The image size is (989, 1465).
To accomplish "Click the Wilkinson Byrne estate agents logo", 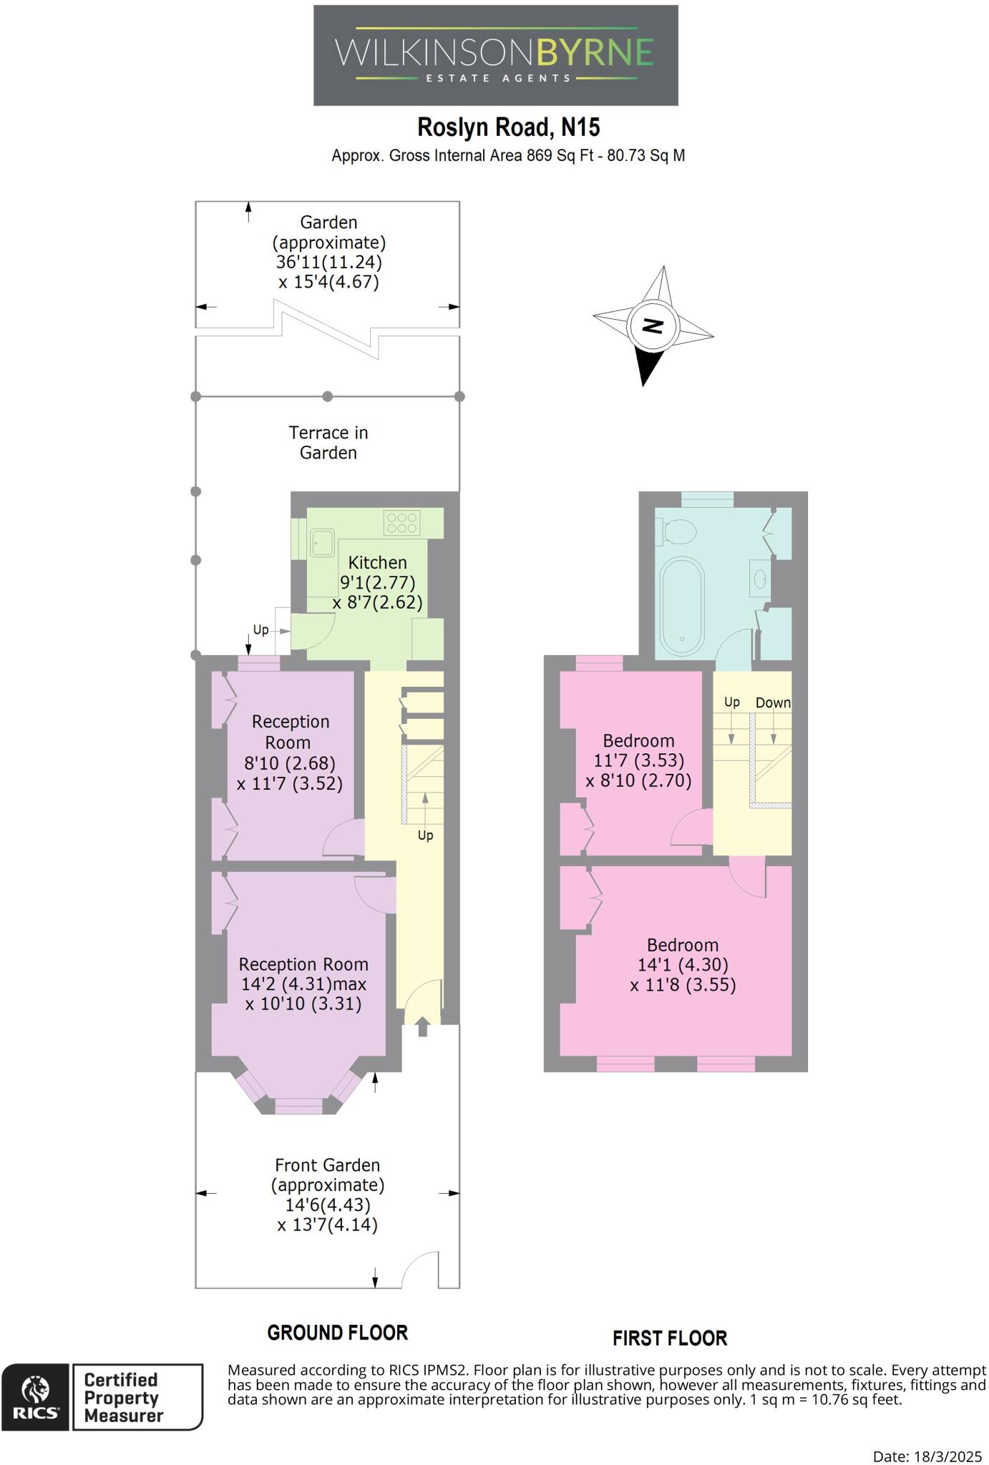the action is tap(495, 56).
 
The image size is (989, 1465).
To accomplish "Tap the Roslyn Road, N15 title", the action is tap(509, 127).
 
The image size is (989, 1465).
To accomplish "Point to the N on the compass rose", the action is tap(653, 325).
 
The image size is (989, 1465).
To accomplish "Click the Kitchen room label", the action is tap(377, 562).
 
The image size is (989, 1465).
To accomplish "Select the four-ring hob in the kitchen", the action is tap(401, 523).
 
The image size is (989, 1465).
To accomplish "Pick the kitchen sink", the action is tap(322, 543).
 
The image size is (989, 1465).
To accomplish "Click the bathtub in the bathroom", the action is tap(682, 606).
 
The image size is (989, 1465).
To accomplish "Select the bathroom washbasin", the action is tap(759, 579).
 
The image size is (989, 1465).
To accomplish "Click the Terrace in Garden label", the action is tap(328, 443).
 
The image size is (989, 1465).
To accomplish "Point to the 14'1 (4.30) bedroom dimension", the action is tap(683, 965).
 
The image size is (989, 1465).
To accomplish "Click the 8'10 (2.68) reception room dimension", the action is tap(290, 763).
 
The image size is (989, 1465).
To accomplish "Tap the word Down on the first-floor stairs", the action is tap(774, 703).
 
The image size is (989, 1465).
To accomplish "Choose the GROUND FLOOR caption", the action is tap(338, 1333).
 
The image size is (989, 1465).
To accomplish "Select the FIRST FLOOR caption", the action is tap(670, 1338).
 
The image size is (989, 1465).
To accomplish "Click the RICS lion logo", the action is tap(35, 1397).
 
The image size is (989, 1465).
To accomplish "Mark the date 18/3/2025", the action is tap(948, 1456).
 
